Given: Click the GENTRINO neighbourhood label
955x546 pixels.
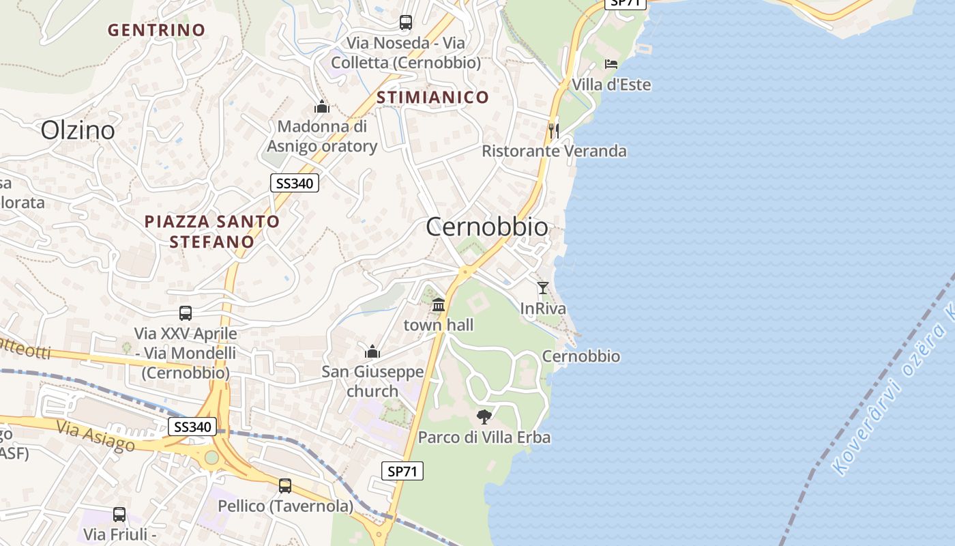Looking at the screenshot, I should click(156, 30).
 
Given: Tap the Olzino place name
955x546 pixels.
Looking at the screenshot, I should click(78, 130).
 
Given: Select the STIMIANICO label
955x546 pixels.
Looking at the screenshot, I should click(432, 97).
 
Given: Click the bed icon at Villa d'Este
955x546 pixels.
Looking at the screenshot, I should click(611, 64).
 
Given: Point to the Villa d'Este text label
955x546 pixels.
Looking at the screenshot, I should click(611, 85).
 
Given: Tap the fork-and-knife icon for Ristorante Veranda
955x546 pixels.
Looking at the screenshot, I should click(553, 130).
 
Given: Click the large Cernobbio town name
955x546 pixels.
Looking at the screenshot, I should click(486, 227).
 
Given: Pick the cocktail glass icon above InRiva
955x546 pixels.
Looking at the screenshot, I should click(543, 288).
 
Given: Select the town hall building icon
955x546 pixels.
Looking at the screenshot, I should click(439, 304).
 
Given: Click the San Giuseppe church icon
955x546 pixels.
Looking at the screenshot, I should click(372, 351).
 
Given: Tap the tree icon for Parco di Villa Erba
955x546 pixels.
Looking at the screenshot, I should click(484, 416).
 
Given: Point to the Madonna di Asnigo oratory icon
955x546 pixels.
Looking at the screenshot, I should click(322, 106).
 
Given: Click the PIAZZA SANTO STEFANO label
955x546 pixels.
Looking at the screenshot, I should click(212, 231).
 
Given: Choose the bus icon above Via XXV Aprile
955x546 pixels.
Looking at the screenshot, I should click(186, 313).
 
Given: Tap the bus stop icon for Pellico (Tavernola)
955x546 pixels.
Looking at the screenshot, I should click(285, 486).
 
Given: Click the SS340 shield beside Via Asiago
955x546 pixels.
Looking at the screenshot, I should click(192, 427).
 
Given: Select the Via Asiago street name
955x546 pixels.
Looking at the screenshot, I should click(95, 436).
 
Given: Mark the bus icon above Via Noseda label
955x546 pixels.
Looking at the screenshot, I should click(406, 23).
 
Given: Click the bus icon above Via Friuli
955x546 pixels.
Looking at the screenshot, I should click(119, 515).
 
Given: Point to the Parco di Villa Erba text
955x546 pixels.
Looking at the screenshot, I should click(484, 437).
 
